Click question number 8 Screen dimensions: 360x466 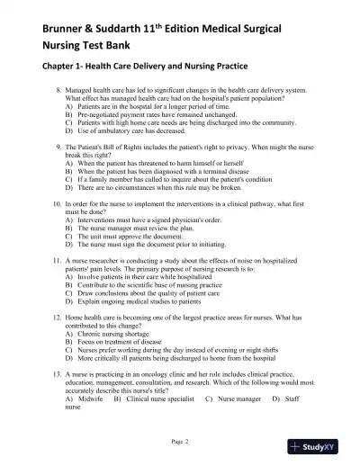(x=58, y=92)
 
